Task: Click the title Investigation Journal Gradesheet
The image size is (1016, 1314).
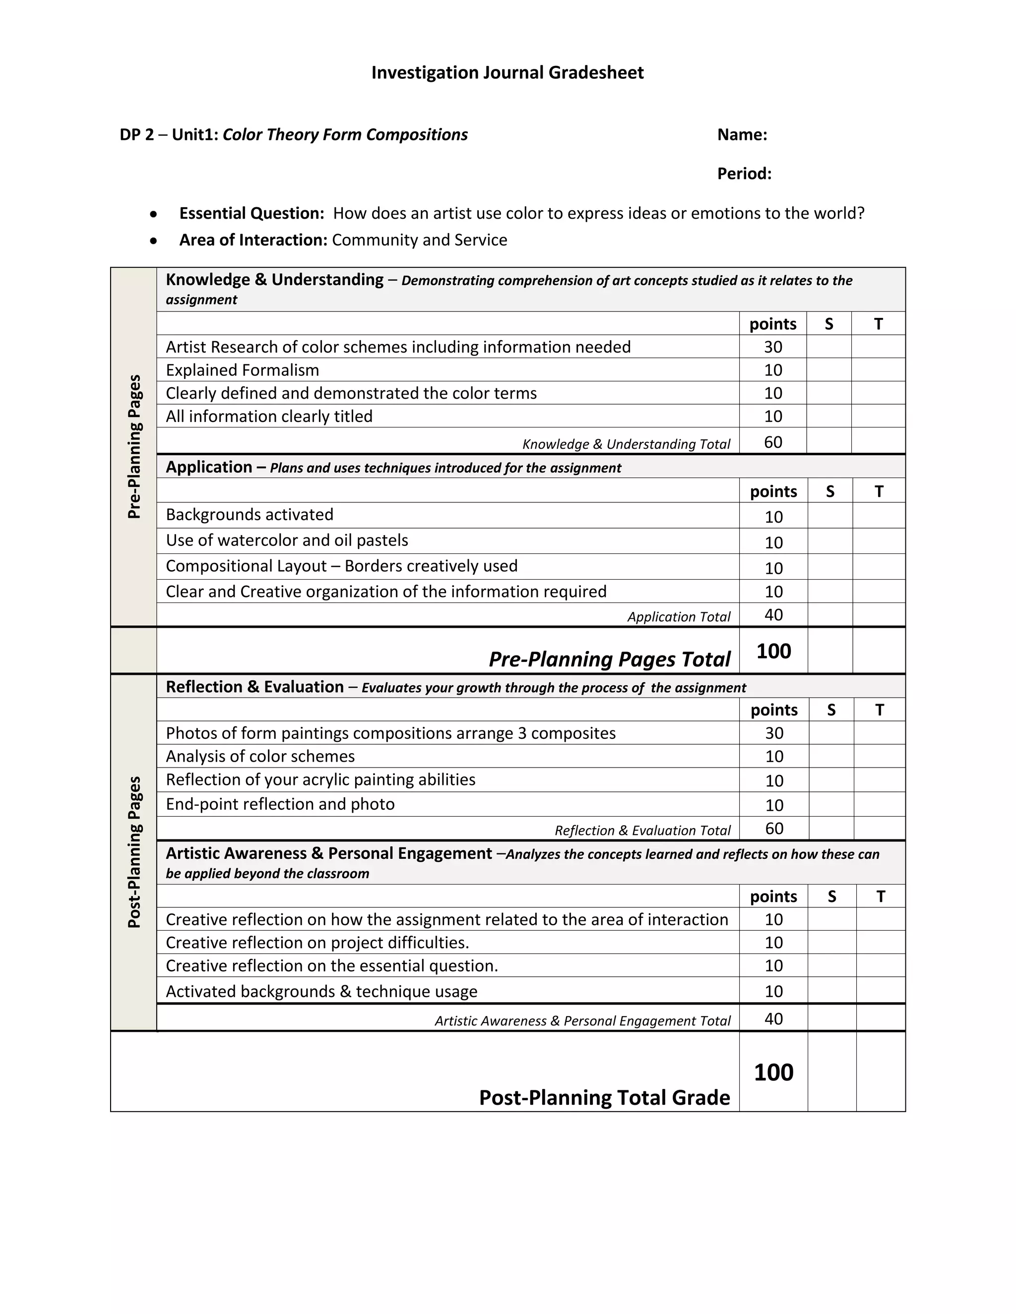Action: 507,73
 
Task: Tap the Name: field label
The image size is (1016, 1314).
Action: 742,135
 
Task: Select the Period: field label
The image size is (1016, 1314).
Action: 744,174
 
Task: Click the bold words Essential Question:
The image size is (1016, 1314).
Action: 252,214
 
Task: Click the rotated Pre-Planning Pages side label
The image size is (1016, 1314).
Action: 134,446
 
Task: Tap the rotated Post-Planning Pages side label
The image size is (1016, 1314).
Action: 134,851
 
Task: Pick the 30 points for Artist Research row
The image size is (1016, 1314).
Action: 773,347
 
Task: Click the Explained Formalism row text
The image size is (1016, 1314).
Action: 242,370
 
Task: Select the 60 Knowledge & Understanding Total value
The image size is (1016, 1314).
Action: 773,442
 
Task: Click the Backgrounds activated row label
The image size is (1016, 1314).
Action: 249,514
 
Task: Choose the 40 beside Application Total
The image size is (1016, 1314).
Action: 773,615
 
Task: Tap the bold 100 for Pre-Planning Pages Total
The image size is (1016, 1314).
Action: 773,651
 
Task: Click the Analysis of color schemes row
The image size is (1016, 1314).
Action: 260,756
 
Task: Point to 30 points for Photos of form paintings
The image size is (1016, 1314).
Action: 774,733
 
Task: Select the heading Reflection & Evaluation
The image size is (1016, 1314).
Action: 254,687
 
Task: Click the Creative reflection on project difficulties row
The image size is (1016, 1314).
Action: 317,942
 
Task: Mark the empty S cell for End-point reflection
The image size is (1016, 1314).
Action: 831,804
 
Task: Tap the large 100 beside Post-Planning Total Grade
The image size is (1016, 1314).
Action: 773,1072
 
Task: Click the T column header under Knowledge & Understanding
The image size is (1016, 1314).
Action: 878,324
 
